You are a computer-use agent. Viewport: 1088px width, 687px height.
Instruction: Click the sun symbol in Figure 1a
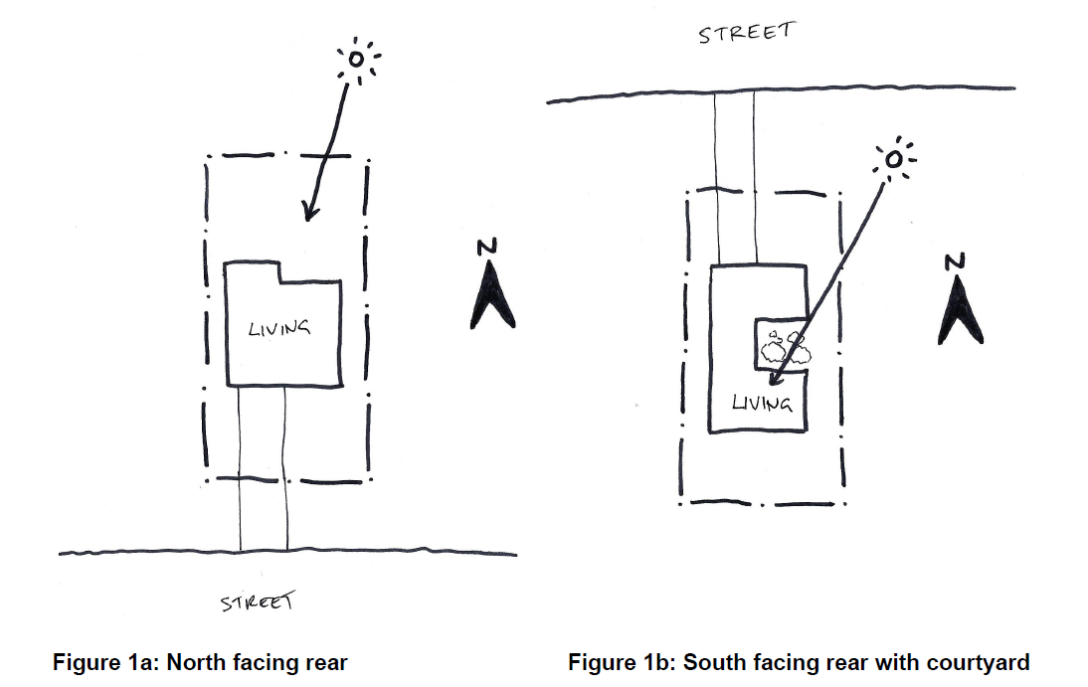[x=356, y=62]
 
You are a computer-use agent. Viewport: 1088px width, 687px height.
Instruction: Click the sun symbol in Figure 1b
[x=894, y=159]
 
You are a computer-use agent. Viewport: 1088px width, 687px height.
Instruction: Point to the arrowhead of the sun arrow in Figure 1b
[x=777, y=376]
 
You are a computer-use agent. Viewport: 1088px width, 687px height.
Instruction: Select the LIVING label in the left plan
[x=278, y=326]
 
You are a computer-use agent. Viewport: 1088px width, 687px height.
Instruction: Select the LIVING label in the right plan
[x=762, y=403]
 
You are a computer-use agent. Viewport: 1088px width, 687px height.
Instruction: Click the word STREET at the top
[x=746, y=32]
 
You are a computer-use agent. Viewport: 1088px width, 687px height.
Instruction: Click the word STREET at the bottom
[x=258, y=602]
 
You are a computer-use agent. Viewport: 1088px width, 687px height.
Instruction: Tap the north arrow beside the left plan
[x=492, y=297]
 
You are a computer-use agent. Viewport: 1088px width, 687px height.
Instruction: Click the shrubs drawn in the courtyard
[x=782, y=347]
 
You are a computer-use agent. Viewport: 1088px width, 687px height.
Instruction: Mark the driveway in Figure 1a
[x=264, y=467]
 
